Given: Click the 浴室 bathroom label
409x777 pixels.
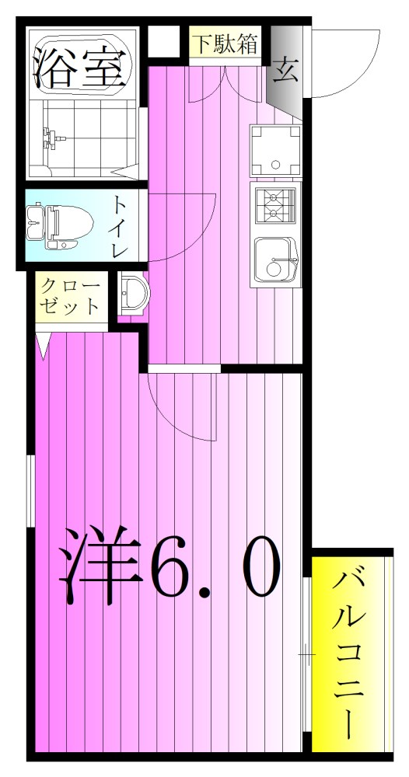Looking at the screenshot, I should (80, 68).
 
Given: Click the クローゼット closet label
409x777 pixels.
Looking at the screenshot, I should (71, 295).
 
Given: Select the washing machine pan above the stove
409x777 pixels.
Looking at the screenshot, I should (274, 151).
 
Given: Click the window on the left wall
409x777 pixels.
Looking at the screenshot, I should (29, 493).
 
